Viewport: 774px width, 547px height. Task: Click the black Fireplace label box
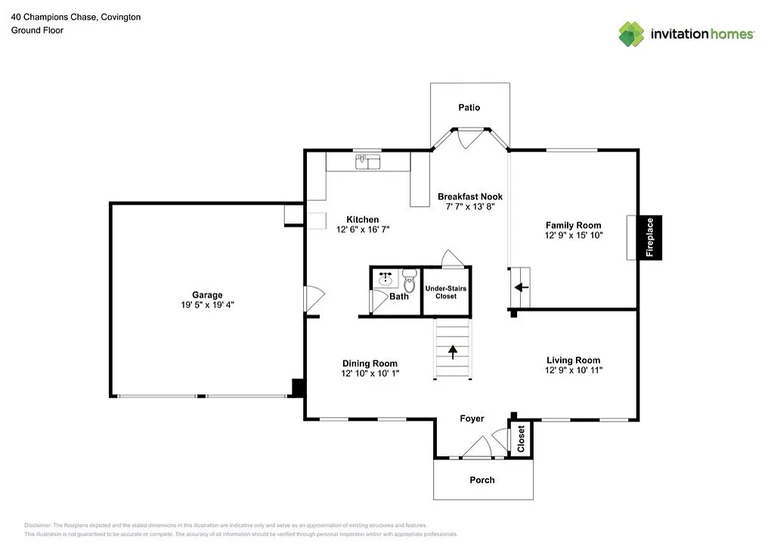649,237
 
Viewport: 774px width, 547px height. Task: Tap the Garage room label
206,295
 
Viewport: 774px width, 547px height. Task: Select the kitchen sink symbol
369,162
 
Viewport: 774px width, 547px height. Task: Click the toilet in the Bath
410,281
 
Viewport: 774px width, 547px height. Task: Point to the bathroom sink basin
385,279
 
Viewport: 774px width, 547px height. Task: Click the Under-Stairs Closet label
446,292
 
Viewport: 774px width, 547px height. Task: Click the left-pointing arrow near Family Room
520,288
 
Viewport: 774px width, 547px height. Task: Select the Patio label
469,108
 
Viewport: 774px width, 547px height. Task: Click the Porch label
482,480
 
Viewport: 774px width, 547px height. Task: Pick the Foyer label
472,419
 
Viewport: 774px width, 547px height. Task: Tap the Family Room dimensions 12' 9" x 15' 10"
574,236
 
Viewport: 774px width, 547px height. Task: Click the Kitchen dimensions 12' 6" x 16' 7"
363,230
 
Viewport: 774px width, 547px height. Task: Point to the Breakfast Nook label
470,196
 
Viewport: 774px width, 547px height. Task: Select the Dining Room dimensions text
370,374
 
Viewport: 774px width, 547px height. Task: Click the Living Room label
573,360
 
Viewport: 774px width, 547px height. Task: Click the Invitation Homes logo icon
631,34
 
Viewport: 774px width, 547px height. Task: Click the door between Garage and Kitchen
311,298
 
